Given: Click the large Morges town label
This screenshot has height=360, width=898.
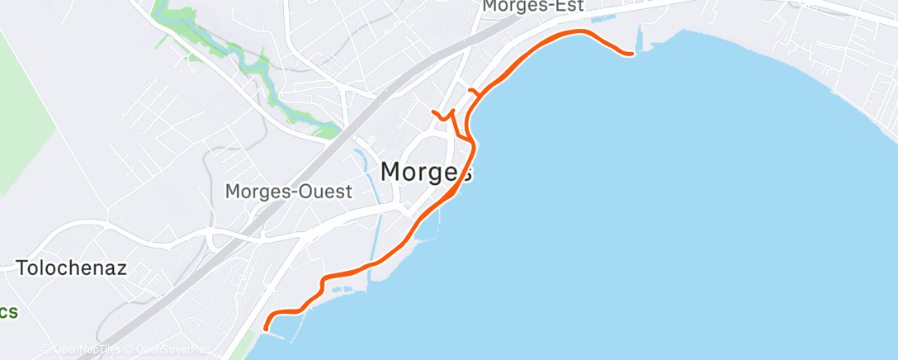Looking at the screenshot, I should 426,172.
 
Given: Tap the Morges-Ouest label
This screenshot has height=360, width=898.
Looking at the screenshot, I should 289,192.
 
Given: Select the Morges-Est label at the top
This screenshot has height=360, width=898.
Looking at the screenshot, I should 533,6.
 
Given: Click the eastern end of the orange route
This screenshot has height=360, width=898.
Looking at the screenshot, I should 631,54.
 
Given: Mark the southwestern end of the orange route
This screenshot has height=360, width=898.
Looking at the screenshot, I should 265,329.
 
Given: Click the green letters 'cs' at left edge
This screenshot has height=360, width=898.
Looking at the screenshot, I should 8,312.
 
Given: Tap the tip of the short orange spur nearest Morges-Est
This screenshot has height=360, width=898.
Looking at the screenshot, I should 470,90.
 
